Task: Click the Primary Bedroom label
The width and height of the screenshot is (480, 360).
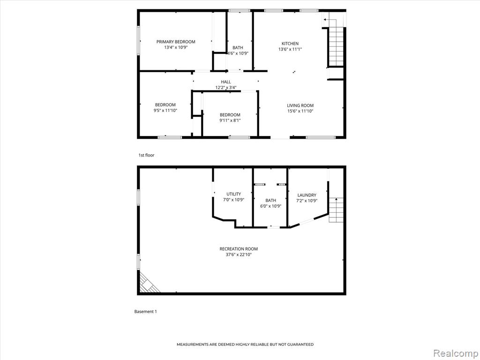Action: tap(176, 42)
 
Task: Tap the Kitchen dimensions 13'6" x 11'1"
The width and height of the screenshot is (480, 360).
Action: tap(290, 49)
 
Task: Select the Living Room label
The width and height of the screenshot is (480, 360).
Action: tap(300, 105)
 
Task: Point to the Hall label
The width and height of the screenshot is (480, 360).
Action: tap(226, 82)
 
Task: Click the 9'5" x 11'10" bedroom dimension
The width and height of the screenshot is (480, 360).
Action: tap(165, 110)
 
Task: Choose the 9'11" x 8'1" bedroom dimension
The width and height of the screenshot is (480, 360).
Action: tap(230, 120)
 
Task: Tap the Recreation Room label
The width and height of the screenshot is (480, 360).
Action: tap(239, 249)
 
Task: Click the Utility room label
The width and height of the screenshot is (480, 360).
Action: tap(233, 194)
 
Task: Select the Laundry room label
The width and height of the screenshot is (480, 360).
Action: tap(307, 195)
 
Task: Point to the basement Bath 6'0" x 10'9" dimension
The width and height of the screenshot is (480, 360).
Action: tap(270, 206)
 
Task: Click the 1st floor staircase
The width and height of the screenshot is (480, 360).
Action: tap(336, 46)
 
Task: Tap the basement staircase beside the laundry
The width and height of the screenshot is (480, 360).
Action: tap(336, 210)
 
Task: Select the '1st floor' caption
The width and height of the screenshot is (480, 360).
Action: tap(146, 155)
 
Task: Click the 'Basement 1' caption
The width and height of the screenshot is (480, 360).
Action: tap(145, 312)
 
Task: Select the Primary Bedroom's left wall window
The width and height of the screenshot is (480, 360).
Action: tap(138, 40)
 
